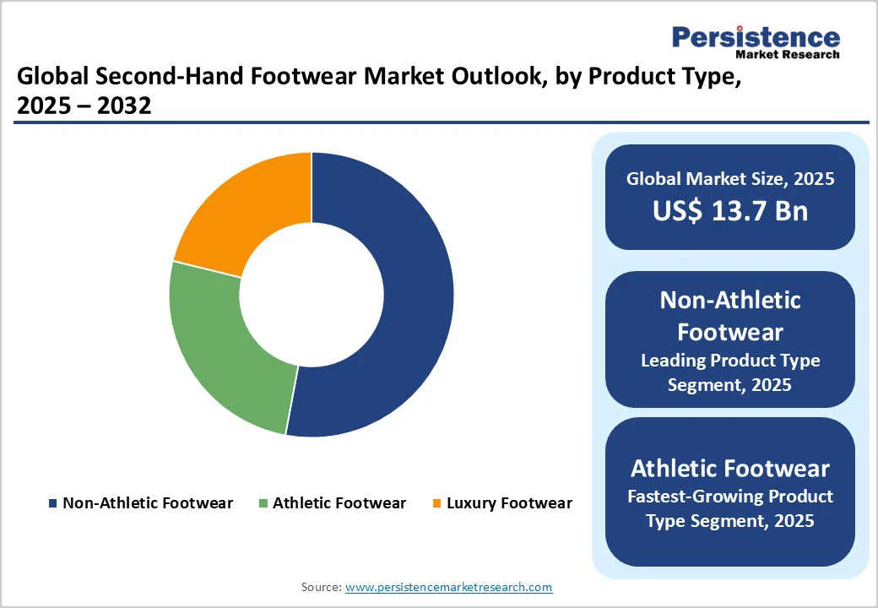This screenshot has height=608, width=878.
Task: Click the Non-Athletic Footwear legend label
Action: (148, 503)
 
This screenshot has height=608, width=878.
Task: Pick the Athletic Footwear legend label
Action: (339, 503)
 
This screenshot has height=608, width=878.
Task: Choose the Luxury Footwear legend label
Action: (509, 503)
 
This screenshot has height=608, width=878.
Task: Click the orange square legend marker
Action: (436, 504)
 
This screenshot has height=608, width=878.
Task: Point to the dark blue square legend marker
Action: (53, 504)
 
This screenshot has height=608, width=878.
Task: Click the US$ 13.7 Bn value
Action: (730, 211)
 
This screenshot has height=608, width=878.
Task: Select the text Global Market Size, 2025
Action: (730, 179)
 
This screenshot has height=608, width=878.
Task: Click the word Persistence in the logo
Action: (756, 37)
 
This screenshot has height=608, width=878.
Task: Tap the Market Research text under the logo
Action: (788, 54)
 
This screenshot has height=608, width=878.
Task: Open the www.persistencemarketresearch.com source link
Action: (448, 587)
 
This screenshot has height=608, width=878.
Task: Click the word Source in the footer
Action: (321, 587)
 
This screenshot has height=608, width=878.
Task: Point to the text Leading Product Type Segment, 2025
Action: (730, 372)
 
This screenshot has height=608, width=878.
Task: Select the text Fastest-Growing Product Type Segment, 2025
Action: (730, 508)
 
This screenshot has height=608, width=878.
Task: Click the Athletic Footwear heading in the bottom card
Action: (730, 468)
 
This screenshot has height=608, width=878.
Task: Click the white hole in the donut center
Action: (312, 295)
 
